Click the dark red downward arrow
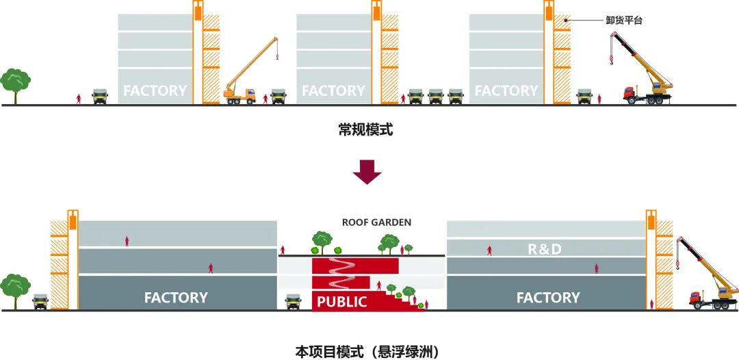tap(367, 172)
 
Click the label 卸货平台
tap(624, 21)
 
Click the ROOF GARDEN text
tap(376, 222)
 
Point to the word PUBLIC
tap(342, 302)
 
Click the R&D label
tap(545, 249)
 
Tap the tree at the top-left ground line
tap(15, 83)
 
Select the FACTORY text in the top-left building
tap(155, 90)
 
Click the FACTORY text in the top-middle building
tap(333, 90)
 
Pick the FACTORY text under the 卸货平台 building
tap(506, 90)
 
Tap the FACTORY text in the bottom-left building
tap(176, 298)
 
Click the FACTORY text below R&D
tap(547, 298)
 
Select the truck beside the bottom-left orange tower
tap(40, 301)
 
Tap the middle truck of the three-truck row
tap(436, 97)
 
